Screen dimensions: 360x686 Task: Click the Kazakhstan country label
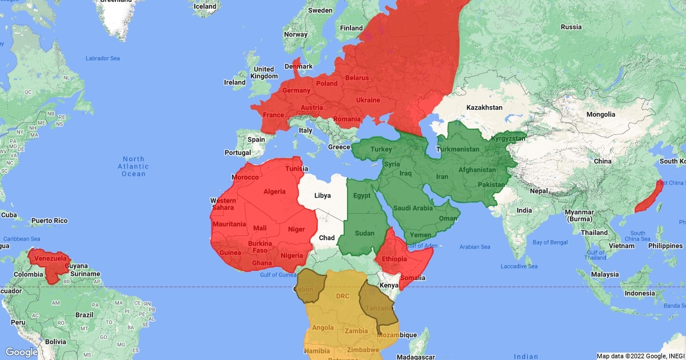(x=484, y=107)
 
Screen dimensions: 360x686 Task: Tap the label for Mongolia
(x=600, y=114)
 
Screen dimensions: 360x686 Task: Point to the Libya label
(x=322, y=195)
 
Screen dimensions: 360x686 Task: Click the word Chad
(x=326, y=238)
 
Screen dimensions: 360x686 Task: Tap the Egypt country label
(x=362, y=196)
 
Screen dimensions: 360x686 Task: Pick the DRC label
(x=342, y=296)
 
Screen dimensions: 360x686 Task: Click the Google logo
(x=22, y=352)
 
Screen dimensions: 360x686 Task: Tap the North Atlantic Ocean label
(x=133, y=166)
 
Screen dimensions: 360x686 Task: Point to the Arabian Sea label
(x=474, y=247)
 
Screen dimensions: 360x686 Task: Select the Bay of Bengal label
(x=550, y=242)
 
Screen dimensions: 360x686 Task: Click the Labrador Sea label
(x=103, y=58)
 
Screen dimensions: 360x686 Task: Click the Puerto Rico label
(x=49, y=221)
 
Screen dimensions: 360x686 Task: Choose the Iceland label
(x=205, y=7)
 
